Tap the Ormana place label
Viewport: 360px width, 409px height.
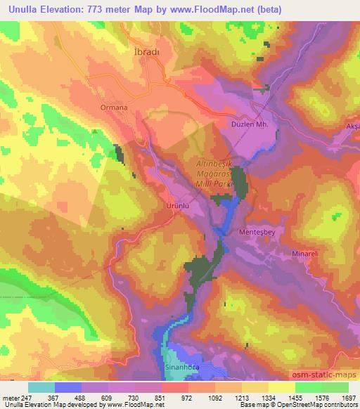(114, 108)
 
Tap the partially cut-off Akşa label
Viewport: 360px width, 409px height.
(352, 124)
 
